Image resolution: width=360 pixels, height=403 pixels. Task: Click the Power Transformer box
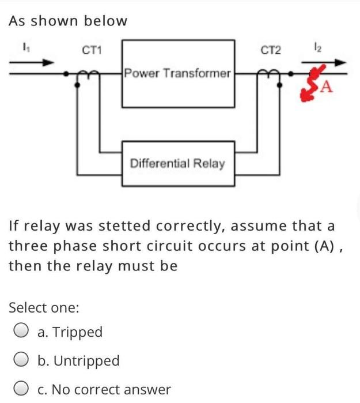click(178, 73)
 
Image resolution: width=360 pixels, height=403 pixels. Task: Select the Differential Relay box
click(178, 163)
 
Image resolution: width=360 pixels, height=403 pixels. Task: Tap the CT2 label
click(271, 51)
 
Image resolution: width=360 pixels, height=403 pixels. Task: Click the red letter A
click(326, 88)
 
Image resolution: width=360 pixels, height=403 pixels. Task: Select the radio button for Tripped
click(21, 332)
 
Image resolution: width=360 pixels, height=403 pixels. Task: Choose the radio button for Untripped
click(21, 361)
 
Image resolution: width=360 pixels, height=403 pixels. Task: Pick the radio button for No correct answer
click(21, 390)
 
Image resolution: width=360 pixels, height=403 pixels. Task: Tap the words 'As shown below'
click(68, 21)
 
